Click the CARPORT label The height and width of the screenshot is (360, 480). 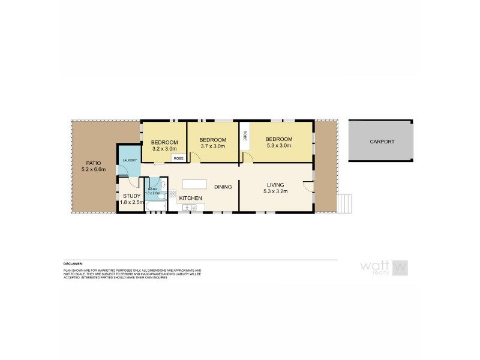[x=383, y=141]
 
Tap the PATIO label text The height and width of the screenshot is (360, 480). [x=92, y=163]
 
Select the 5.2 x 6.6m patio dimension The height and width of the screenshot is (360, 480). [x=92, y=170]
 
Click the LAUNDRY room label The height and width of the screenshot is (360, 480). [x=130, y=160]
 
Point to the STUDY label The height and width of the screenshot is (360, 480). [x=131, y=196]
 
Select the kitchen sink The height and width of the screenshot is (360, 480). [x=190, y=208]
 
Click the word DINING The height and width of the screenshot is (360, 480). [x=223, y=187]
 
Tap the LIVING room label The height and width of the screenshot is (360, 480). [x=275, y=185]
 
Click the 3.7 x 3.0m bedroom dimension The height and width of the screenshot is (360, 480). [x=212, y=146]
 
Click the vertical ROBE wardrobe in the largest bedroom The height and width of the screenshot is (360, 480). [x=245, y=136]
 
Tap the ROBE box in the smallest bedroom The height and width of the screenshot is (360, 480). [x=178, y=158]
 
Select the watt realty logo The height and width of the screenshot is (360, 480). [x=384, y=267]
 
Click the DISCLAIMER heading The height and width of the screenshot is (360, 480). [x=74, y=263]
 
